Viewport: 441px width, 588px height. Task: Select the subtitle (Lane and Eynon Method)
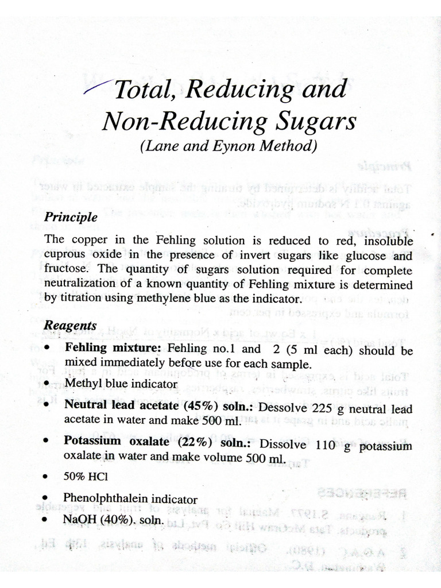coord(229,146)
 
